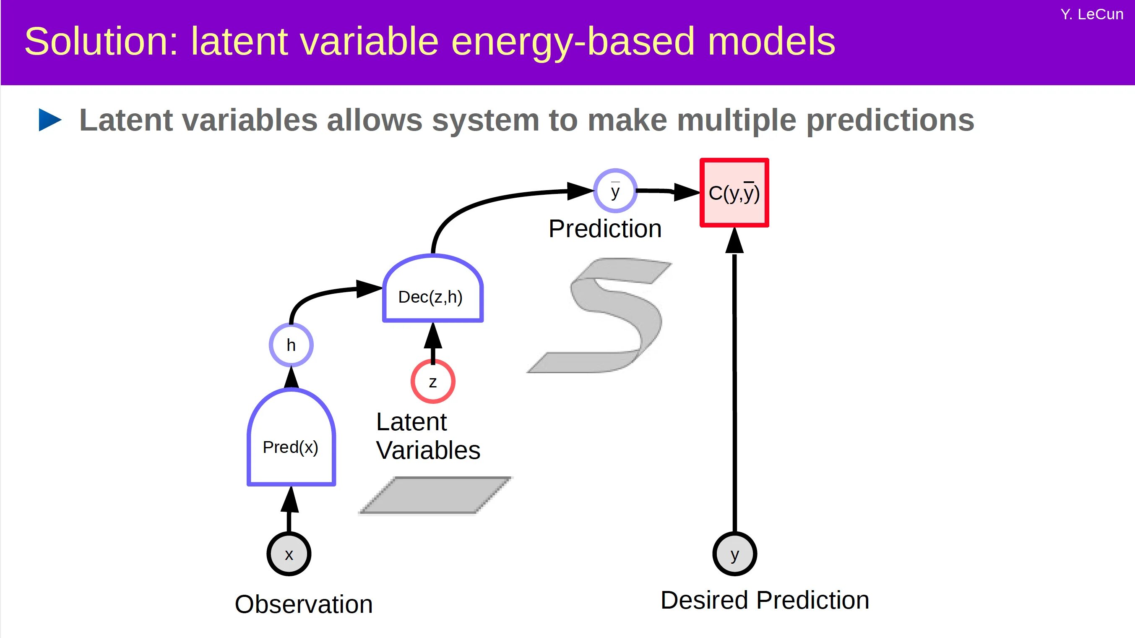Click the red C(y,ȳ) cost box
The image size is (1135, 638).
tap(734, 193)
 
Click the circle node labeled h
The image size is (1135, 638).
tap(291, 345)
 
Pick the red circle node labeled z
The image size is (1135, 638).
tap(433, 382)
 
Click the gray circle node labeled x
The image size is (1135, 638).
tap(289, 554)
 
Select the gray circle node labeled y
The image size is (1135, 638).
tap(734, 554)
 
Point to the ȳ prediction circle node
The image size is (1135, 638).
tap(615, 191)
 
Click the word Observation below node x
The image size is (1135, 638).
tap(304, 604)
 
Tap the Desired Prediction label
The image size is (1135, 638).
tap(765, 600)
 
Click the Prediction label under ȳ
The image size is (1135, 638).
tap(605, 229)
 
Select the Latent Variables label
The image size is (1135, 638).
tap(427, 436)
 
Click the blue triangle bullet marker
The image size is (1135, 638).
tap(49, 120)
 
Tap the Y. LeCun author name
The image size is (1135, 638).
tap(1091, 15)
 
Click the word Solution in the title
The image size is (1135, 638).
tap(101, 42)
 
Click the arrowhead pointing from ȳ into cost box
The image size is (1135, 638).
tap(687, 192)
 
